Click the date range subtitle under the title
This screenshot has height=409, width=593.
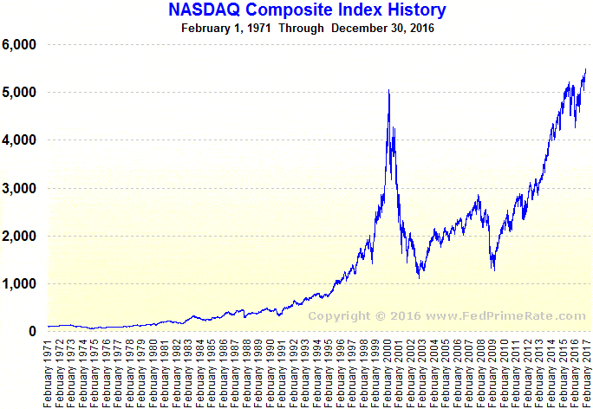tap(308, 28)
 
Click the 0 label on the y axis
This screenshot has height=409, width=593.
tap(32, 332)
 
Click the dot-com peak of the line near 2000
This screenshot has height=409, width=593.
tap(388, 90)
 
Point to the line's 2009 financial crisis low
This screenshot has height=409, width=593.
tap(493, 270)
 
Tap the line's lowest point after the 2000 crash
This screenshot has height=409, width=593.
tap(420, 278)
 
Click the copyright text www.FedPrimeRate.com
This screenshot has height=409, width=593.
tap(447, 316)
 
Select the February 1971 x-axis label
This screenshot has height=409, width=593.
tap(49, 373)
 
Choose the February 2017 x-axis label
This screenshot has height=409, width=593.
tap(588, 373)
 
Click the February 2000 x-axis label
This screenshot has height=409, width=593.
tap(388, 373)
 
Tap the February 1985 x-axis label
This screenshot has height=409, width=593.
tap(212, 373)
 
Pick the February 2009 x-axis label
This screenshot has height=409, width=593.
tap(494, 373)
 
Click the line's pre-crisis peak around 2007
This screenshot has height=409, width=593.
tap(478, 197)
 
